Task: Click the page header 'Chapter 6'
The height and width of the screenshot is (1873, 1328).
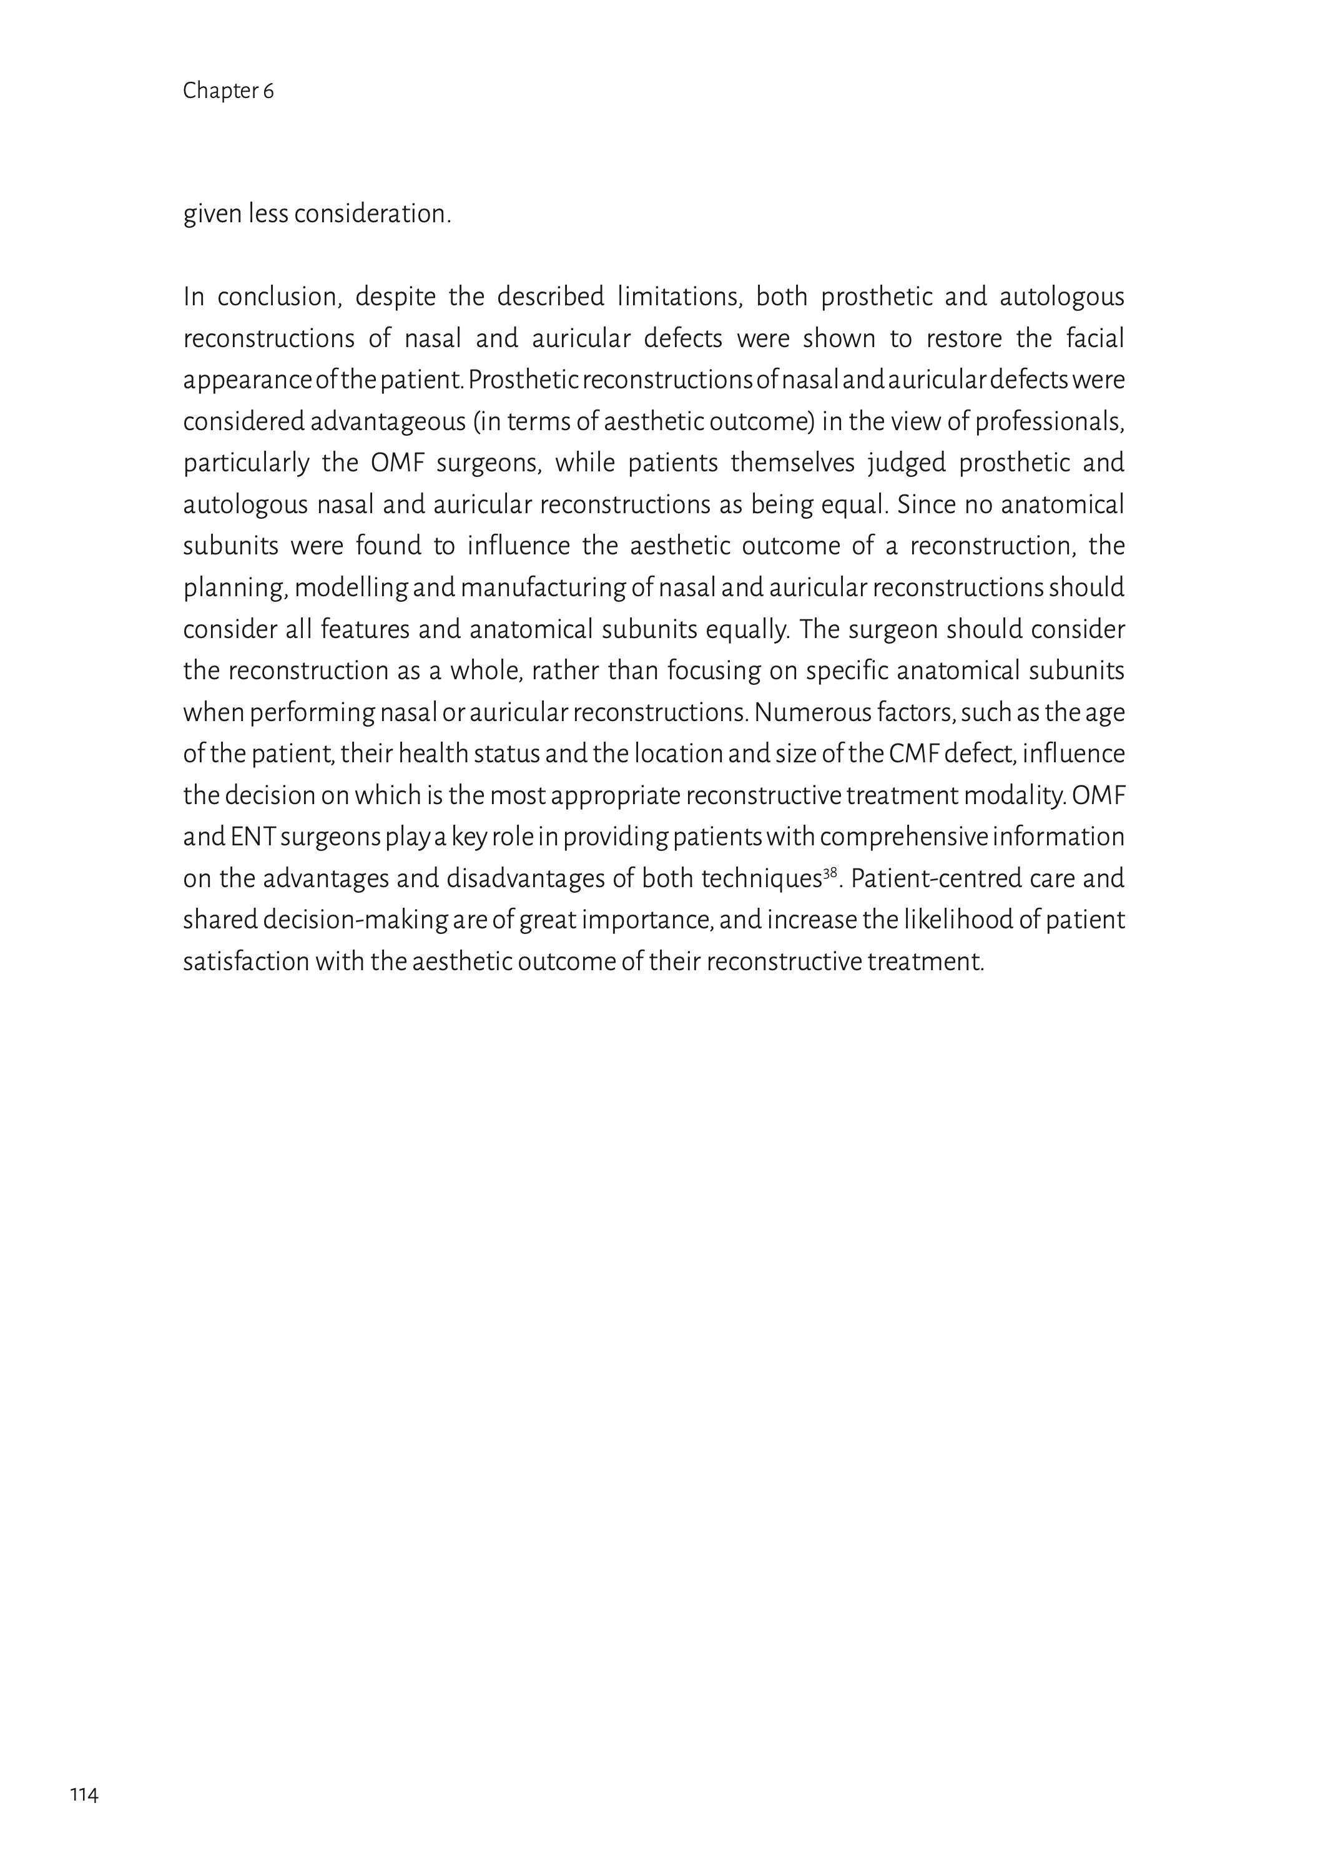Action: tap(228, 91)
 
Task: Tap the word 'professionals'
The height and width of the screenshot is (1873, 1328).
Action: tap(1048, 422)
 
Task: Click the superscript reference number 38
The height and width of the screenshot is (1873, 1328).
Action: tap(830, 872)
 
